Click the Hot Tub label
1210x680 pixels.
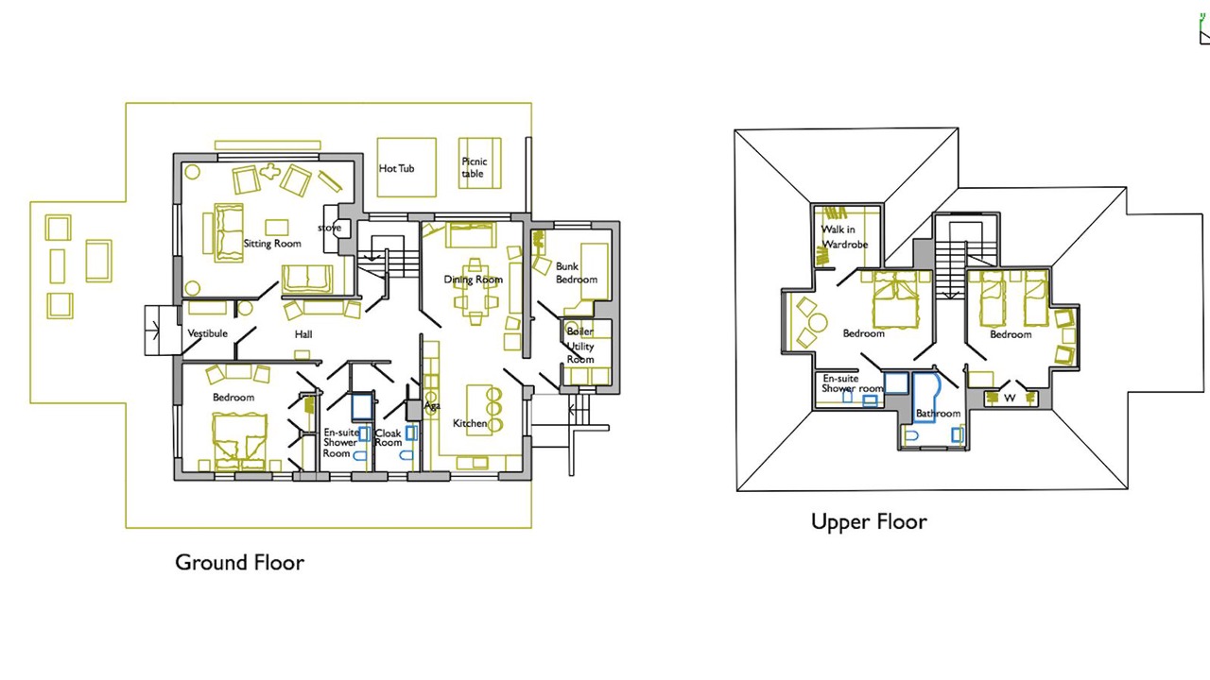(x=396, y=168)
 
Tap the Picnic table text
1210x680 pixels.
(x=475, y=167)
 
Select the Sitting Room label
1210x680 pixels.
(x=272, y=244)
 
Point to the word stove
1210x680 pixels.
(x=330, y=228)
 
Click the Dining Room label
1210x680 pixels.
(x=474, y=280)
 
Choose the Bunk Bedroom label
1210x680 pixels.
(x=577, y=273)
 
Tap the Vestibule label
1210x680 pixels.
(x=207, y=333)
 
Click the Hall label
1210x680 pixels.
(x=303, y=334)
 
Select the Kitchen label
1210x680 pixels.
(x=470, y=424)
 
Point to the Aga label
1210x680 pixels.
(x=432, y=405)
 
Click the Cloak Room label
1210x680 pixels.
(x=388, y=437)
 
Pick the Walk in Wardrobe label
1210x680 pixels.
(x=844, y=237)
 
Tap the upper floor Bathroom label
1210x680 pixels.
(x=939, y=414)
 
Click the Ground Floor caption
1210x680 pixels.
(x=240, y=563)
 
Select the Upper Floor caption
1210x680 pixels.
(x=869, y=522)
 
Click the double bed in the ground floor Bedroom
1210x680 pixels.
(x=239, y=441)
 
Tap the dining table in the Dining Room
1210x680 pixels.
(x=475, y=292)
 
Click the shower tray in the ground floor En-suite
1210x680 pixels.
(x=362, y=407)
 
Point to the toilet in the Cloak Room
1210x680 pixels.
(x=406, y=456)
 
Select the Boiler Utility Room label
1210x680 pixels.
(x=580, y=346)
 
